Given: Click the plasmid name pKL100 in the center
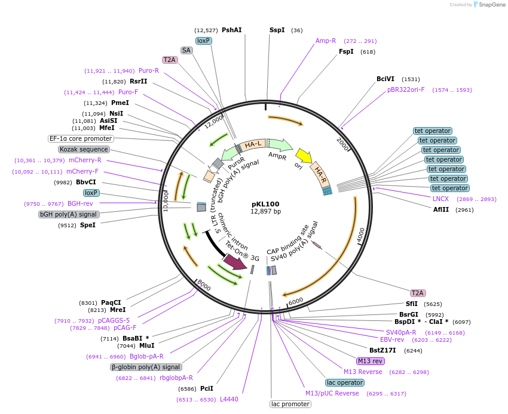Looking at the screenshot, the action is (x=265, y=204).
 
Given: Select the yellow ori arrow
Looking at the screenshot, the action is (x=304, y=155).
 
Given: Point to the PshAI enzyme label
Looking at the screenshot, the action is (x=232, y=30).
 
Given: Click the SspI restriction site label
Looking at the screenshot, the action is (x=277, y=30).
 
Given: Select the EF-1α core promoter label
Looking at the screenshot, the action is (x=81, y=139).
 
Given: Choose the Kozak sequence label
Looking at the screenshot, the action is (x=84, y=149).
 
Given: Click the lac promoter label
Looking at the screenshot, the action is (x=290, y=404).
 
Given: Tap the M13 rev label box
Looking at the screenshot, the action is (x=371, y=361).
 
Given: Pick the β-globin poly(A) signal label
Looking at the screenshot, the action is (x=146, y=367).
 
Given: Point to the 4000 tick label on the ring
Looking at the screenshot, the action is (x=361, y=235).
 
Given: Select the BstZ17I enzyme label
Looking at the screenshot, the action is (x=382, y=350).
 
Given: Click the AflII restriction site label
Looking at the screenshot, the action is (x=441, y=209).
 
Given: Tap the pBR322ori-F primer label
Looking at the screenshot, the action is (x=406, y=89).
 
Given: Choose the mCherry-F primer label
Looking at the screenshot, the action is (x=82, y=171).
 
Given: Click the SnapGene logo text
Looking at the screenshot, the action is (x=492, y=5).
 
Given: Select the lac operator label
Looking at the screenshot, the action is (x=345, y=382).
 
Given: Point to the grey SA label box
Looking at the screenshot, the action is (x=186, y=51).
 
